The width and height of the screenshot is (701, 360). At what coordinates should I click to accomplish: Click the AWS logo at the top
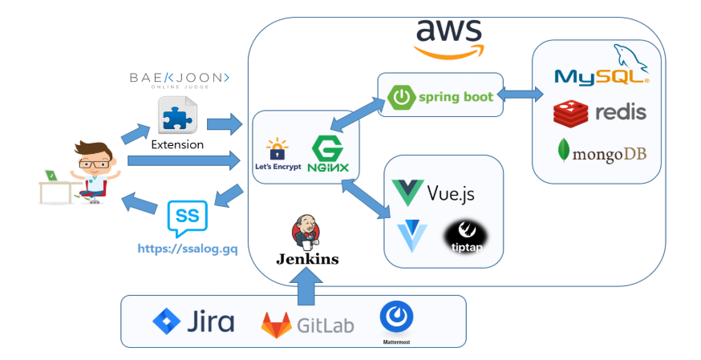tap(449, 38)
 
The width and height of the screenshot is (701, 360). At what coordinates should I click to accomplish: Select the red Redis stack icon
tap(570, 113)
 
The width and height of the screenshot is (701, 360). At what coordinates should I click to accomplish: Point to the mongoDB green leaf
tap(563, 150)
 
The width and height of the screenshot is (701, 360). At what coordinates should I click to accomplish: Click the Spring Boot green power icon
tap(402, 97)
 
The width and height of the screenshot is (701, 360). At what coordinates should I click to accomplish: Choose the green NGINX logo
tap(328, 155)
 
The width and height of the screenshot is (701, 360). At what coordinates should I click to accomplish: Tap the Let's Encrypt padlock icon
tap(278, 149)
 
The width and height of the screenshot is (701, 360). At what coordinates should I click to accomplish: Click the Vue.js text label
tap(450, 193)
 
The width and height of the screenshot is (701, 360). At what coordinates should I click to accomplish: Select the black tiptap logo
tap(465, 237)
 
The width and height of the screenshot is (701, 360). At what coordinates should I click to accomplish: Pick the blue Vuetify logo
tap(412, 236)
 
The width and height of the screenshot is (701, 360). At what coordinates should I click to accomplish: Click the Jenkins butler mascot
tap(306, 232)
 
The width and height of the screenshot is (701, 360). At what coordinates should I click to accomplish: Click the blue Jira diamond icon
tap(166, 322)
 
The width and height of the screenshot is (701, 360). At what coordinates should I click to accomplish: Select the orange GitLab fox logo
tap(276, 325)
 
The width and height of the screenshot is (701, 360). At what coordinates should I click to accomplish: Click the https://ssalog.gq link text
tap(188, 249)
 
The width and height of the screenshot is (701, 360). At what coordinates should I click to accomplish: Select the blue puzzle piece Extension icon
tap(177, 115)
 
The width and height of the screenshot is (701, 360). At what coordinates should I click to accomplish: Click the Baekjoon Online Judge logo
tap(180, 80)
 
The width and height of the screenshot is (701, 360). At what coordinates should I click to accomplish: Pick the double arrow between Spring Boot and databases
tap(520, 95)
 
